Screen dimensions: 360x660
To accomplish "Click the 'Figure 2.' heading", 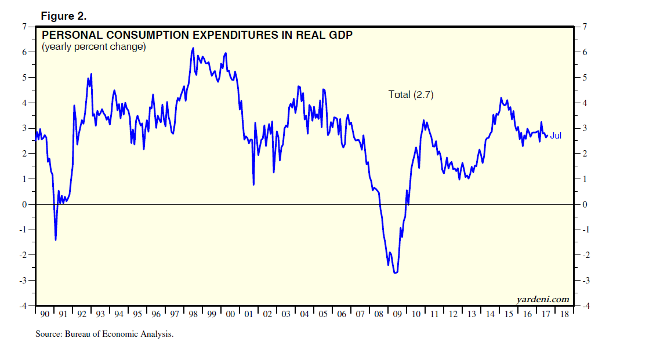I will [x=63, y=16].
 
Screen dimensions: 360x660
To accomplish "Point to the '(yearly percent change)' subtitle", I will [x=93, y=47].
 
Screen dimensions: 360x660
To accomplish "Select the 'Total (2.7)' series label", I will [x=411, y=94].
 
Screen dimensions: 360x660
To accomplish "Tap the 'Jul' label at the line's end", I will [x=556, y=136].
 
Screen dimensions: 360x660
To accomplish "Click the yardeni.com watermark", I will [x=542, y=299].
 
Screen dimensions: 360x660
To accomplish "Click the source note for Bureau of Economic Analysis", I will [x=104, y=334].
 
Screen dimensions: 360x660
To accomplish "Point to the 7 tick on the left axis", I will [x=25, y=26].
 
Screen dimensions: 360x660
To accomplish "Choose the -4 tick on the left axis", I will [x=24, y=306].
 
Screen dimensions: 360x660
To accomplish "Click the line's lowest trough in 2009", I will [x=396, y=272].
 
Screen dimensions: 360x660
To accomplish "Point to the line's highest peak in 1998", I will [x=193, y=48].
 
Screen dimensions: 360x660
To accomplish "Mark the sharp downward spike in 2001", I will [x=253, y=184].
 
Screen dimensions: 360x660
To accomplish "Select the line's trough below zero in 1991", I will [x=56, y=239].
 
